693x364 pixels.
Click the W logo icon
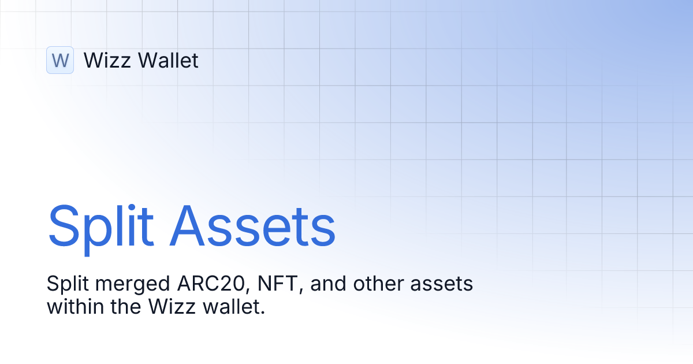tap(60, 60)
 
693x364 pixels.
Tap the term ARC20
tap(194, 284)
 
